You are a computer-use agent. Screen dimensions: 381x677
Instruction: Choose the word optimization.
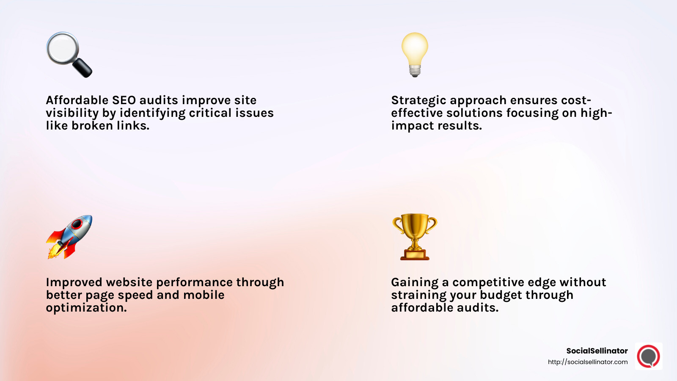(x=86, y=308)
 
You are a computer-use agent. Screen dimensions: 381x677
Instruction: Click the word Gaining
(x=415, y=282)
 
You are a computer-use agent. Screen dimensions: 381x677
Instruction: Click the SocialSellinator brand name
(x=597, y=351)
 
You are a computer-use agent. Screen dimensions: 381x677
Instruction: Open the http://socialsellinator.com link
(x=588, y=362)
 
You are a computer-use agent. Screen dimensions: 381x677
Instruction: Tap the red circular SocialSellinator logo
(x=648, y=356)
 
